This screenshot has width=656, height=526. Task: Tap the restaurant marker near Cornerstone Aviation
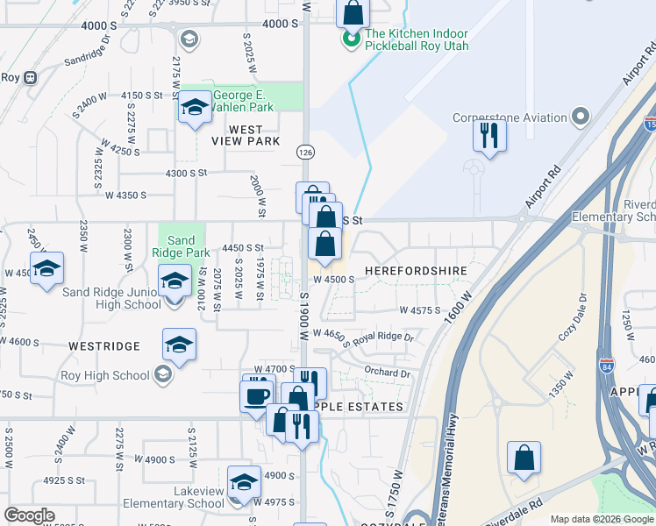point(488,136)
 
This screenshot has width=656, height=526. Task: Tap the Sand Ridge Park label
point(181,246)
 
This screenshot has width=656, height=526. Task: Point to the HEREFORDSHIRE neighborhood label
point(416,271)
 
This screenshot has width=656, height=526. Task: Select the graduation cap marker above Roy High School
point(179,345)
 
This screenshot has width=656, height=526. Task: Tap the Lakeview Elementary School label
point(174,498)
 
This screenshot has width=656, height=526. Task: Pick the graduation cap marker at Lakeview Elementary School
point(244,482)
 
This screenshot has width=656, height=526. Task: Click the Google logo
point(29,515)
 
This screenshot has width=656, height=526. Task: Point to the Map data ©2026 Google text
point(601,520)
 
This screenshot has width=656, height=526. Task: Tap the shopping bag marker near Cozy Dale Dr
point(524,458)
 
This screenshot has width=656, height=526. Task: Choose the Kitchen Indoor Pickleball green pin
point(351,39)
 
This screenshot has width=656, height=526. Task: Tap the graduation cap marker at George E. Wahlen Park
point(195,108)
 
